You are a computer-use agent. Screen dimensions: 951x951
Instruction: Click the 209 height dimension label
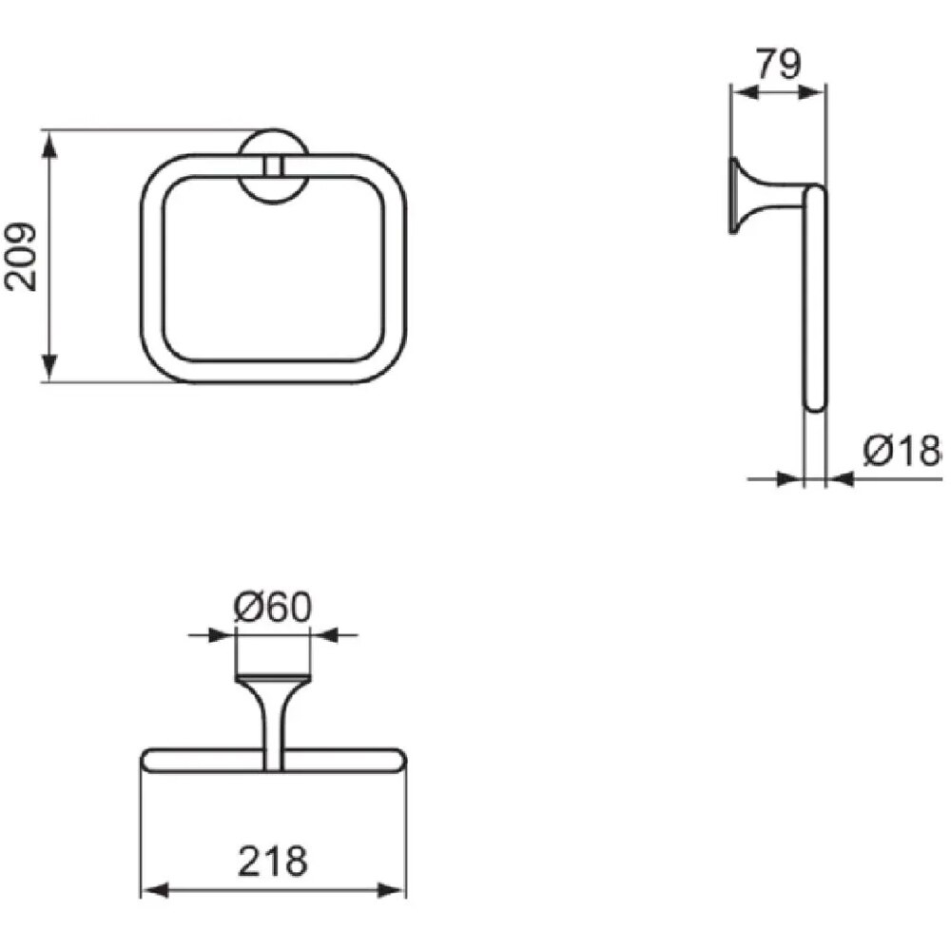tap(21, 257)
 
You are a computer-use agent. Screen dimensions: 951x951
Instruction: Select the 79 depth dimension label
tap(779, 65)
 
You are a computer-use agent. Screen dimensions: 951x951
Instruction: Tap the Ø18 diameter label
tap(902, 451)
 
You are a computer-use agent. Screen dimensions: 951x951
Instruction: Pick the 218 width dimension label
tap(273, 861)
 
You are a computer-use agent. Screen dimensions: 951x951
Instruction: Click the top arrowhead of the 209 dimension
tap(49, 145)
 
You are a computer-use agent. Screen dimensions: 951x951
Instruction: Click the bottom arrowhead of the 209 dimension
tap(49, 367)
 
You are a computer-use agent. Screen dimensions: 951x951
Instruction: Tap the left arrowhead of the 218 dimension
tap(155, 891)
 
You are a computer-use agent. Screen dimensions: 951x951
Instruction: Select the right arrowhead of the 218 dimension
tap(392, 891)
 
